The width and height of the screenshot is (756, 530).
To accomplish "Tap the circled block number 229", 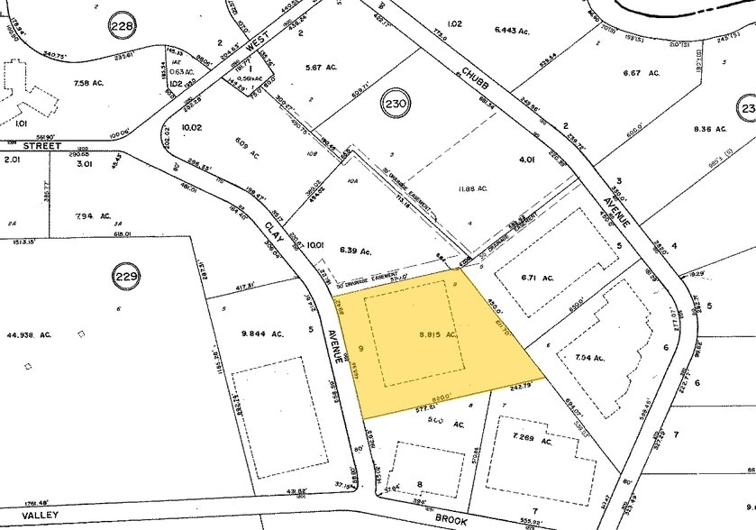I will pyautogui.click(x=126, y=276).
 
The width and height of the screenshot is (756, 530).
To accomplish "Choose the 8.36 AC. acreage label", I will pyautogui.click(x=707, y=128).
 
